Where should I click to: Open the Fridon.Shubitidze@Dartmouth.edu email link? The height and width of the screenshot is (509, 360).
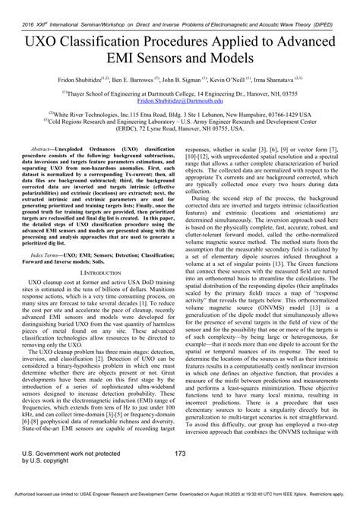[x=179, y=99]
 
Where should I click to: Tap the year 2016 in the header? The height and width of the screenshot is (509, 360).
[x=11, y=6]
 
